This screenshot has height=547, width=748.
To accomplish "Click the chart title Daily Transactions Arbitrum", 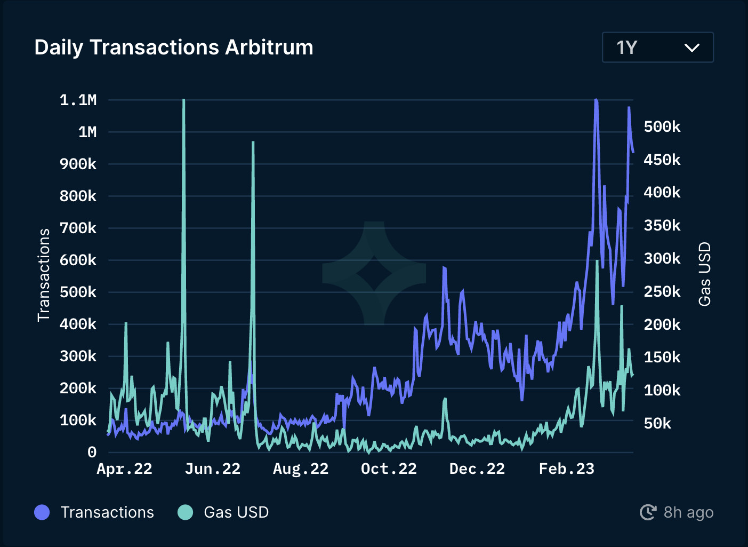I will [x=174, y=47].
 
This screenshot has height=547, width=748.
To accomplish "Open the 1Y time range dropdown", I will [x=657, y=47].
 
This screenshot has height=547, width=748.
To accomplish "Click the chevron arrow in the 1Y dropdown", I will [x=691, y=48].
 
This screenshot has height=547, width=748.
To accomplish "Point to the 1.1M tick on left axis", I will [x=78, y=100].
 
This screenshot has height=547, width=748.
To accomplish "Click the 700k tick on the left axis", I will [x=78, y=228].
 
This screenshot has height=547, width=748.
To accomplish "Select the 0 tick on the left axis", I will [x=92, y=452].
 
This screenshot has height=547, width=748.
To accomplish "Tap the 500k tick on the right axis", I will [x=662, y=126].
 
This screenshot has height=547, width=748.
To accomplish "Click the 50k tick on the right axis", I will [x=657, y=423].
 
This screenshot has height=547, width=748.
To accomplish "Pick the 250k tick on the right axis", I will [x=662, y=291].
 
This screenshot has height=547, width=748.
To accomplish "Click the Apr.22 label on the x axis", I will [x=124, y=469].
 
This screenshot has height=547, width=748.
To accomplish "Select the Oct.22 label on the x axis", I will [x=389, y=469].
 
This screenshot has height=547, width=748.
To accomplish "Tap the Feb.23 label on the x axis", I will [x=566, y=469].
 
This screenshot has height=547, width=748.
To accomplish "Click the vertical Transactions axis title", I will [x=44, y=275].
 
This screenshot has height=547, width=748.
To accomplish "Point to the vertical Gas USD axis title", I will [x=704, y=274].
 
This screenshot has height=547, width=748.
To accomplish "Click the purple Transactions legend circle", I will [x=42, y=512].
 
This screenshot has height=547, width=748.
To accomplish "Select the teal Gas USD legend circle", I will [x=185, y=512].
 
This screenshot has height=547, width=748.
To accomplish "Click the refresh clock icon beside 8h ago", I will [x=648, y=512].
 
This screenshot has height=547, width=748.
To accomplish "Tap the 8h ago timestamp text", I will [x=688, y=512].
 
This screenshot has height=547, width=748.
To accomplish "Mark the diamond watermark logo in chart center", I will [x=374, y=273].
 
